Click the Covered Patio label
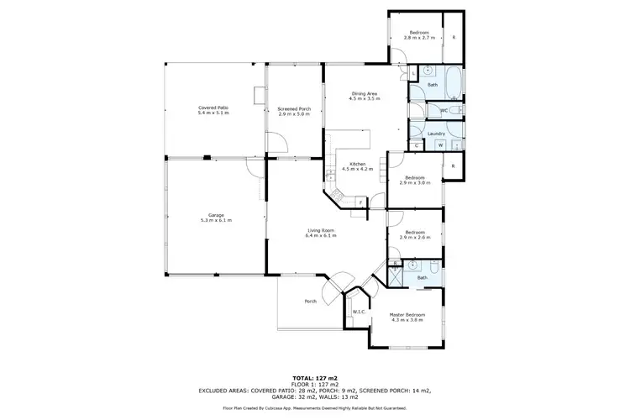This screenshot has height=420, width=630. (x=213, y=108)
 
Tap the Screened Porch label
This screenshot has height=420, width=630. (x=294, y=108)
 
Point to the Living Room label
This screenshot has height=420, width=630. (x=321, y=231)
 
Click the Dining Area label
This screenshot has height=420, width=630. (x=365, y=93)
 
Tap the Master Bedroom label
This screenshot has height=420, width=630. (x=406, y=315)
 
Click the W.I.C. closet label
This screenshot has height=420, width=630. (x=358, y=312)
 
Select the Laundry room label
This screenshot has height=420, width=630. (x=435, y=134)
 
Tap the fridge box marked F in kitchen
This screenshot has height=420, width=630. (x=360, y=202)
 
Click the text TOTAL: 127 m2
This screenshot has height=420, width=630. (x=315, y=379)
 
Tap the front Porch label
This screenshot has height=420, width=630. (x=311, y=302)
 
